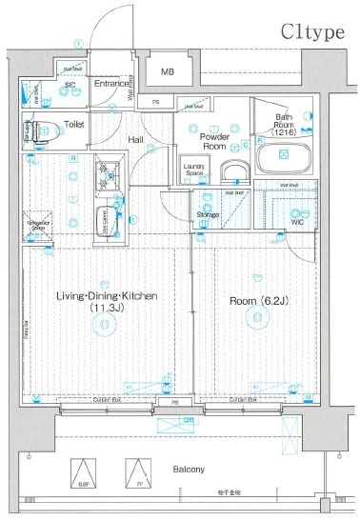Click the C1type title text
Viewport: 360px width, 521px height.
coord(311,31)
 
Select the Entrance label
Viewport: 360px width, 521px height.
coord(112,84)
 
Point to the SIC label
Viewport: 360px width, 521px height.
coord(70,86)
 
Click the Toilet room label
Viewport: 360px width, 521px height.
coord(74,124)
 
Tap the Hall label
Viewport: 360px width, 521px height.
coord(136,140)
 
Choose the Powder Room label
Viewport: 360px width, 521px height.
coord(212,140)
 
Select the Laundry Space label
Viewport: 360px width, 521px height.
coord(194,170)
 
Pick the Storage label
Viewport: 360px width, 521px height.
coord(208,214)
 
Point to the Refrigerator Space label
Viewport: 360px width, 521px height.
coord(38,226)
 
